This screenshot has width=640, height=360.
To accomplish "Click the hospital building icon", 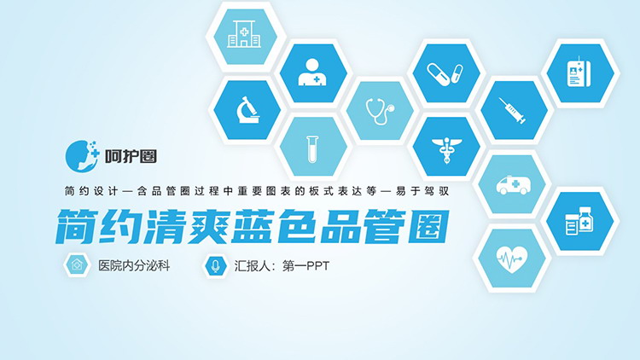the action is tap(244, 33).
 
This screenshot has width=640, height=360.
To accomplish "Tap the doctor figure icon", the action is tap(312, 73).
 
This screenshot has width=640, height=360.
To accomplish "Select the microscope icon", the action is tap(247, 110).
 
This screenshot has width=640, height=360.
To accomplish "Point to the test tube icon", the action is tap(312, 149).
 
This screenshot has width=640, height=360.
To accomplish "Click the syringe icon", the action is tap(512, 110).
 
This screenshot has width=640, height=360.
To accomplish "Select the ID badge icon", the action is tap(579, 73).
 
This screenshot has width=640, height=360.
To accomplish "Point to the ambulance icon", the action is tap(514, 185).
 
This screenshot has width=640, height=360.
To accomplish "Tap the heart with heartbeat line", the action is tap(512, 258).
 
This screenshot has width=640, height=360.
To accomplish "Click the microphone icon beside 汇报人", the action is tap(216, 265).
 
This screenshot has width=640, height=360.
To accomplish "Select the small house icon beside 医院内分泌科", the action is tap(77, 265).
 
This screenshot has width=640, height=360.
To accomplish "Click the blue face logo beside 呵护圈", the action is tap(82, 156).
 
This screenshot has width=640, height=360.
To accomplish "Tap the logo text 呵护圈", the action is tap(131, 156).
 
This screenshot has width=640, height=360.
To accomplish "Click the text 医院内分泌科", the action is tap(134, 266).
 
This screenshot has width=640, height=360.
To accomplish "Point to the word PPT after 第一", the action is tap(317, 266).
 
